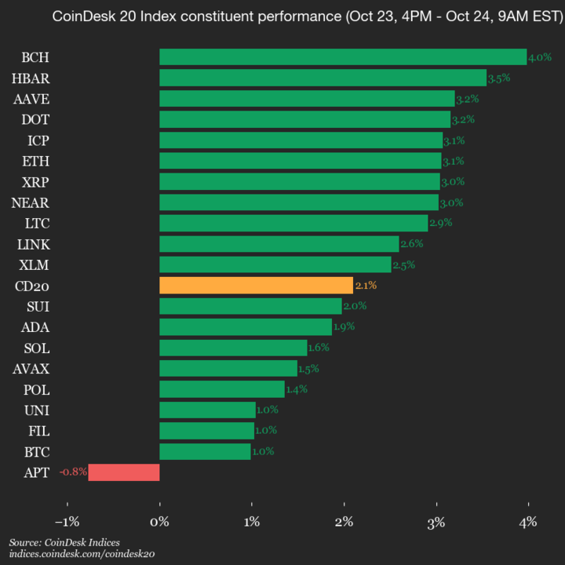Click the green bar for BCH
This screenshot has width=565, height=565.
pyautogui.click(x=343, y=57)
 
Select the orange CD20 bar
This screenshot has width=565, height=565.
pyautogui.click(x=256, y=286)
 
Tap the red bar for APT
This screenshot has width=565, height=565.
pyautogui.click(x=124, y=472)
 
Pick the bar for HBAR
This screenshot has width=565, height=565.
pyautogui.click(x=323, y=78)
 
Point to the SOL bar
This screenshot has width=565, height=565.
pyautogui.click(x=233, y=348)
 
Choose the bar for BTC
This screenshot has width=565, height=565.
pyautogui.click(x=205, y=451)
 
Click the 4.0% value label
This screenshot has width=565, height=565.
pyautogui.click(x=540, y=57)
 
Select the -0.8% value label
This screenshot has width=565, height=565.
pyautogui.click(x=74, y=472)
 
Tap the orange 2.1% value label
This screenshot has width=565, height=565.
pyautogui.click(x=366, y=286)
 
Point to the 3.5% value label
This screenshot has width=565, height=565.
pyautogui.click(x=499, y=78)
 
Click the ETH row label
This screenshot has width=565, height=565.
pyautogui.click(x=38, y=161)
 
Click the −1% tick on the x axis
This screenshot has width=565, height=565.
pyautogui.click(x=67, y=522)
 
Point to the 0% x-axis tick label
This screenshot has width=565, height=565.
pyautogui.click(x=159, y=522)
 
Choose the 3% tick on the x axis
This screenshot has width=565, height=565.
pyautogui.click(x=436, y=522)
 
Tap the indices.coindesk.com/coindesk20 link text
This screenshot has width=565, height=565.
pyautogui.click(x=82, y=554)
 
